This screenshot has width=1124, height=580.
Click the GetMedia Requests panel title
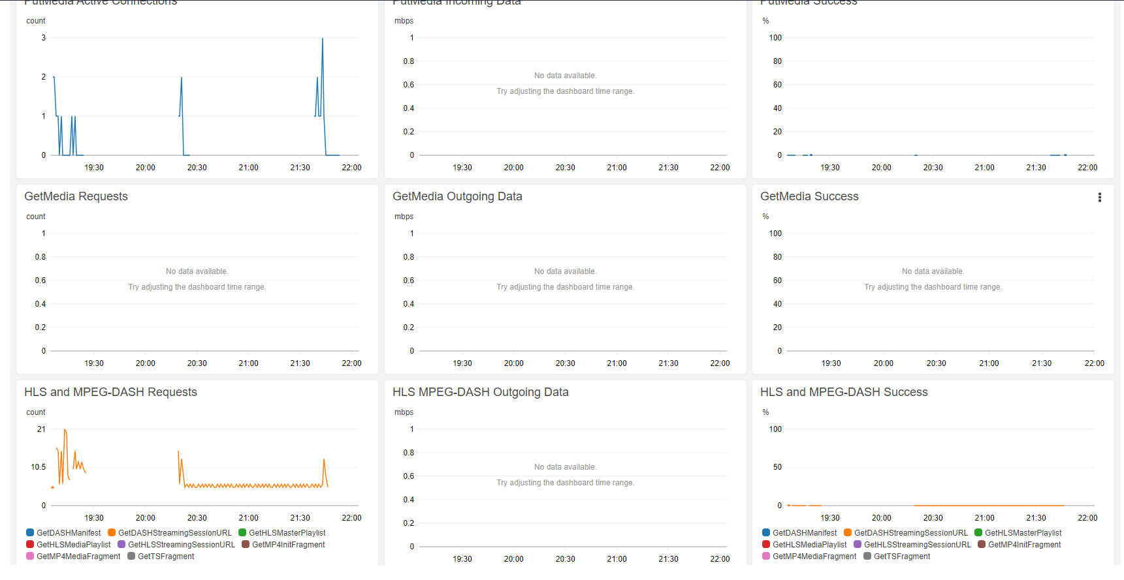76,196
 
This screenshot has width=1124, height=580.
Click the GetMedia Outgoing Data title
457,196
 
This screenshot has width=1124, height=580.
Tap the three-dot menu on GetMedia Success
1100,197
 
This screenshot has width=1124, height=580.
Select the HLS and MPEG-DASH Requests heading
110,392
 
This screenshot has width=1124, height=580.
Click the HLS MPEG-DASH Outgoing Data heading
480,392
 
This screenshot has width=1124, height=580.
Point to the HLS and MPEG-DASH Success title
844,392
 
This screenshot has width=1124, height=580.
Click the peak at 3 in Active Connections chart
323,39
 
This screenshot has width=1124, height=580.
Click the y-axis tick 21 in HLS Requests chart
41,429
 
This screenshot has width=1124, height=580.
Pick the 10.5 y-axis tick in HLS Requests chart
39,467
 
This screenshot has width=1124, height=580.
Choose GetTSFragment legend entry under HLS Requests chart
165,557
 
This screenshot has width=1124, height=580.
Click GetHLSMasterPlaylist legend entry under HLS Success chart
1023,533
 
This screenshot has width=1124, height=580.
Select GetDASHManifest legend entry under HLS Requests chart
68,533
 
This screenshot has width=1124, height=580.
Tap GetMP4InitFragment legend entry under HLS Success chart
1024,545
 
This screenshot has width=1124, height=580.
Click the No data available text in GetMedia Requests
197,271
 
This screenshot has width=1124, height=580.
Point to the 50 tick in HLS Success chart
777,467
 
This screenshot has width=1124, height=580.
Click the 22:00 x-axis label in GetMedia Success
1094,363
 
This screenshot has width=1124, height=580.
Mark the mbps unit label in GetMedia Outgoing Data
404,217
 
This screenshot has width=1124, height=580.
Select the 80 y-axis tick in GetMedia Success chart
777,257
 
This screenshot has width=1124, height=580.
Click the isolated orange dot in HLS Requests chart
53,487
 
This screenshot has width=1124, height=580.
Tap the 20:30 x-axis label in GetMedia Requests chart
197,363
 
